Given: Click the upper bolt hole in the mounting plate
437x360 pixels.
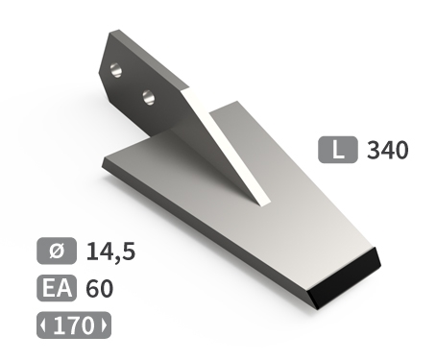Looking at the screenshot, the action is [x=116, y=70].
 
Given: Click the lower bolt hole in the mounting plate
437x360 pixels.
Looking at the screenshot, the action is [x=148, y=97].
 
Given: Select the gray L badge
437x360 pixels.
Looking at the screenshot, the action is [x=338, y=150].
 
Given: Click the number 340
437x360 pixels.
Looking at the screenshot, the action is [x=388, y=150].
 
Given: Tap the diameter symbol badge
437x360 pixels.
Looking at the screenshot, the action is [x=57, y=251].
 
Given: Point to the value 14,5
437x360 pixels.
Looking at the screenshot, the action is [x=110, y=252].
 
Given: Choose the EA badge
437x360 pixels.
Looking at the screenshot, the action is [x=57, y=288].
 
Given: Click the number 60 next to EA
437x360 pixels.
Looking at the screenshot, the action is [x=100, y=288].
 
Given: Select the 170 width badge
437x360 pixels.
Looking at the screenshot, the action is [x=74, y=325].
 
